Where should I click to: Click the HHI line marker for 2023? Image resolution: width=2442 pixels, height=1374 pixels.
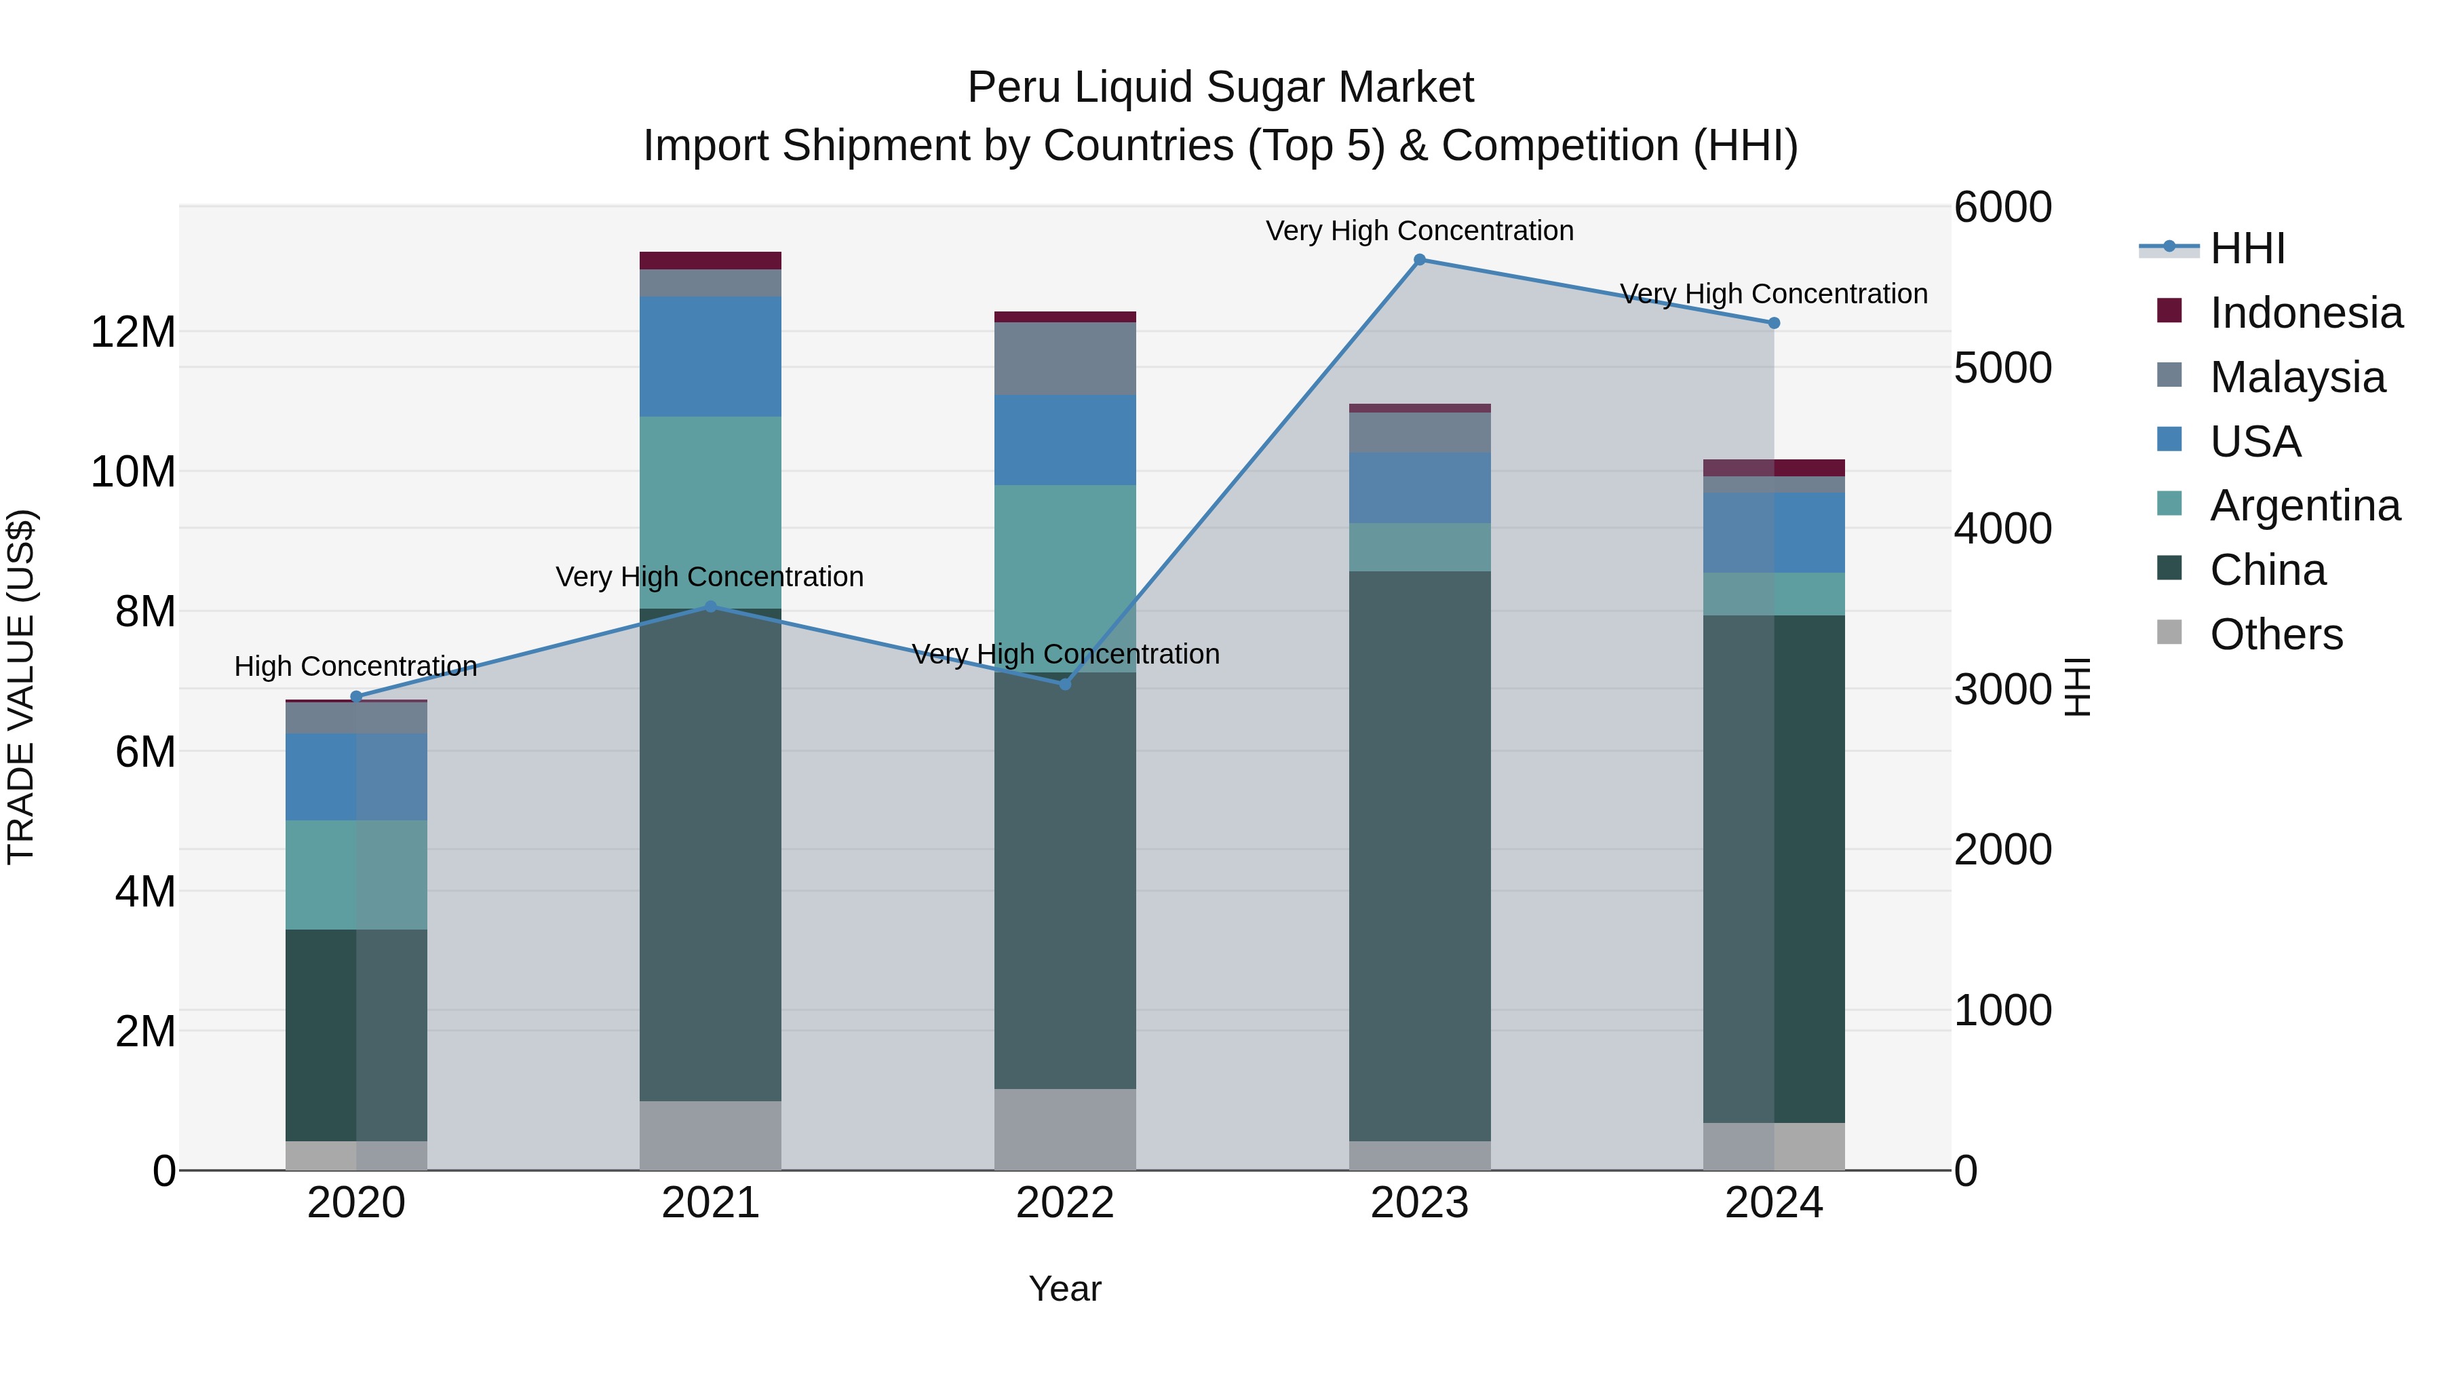point(1419,260)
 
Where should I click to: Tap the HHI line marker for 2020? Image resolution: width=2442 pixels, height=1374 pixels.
point(356,697)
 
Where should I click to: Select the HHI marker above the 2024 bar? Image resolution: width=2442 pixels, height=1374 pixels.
point(1774,324)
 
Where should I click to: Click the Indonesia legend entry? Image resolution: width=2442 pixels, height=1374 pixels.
point(2306,313)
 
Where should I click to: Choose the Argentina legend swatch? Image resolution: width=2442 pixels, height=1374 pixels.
point(2169,504)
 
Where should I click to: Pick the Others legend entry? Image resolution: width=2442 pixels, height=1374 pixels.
point(2275,634)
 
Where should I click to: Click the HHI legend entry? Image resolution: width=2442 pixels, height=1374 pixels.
point(2247,248)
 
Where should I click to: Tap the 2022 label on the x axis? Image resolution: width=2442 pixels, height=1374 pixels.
point(1064,1203)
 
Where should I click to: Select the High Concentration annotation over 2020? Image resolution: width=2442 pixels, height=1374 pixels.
point(355,666)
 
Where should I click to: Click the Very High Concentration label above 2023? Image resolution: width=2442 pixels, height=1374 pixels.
point(1419,231)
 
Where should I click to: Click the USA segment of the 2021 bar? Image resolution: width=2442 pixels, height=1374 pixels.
point(710,356)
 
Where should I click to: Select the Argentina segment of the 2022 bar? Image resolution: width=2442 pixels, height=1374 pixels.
point(1064,578)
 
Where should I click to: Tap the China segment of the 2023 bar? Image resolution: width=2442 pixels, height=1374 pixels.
point(1419,854)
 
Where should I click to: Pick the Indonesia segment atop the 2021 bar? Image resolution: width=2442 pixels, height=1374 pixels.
point(710,261)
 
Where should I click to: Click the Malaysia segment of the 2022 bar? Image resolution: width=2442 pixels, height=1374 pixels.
point(1064,358)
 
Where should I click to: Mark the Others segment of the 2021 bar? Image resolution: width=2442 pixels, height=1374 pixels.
point(710,1135)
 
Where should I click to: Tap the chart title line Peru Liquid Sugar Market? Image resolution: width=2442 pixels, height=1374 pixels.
point(1220,88)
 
